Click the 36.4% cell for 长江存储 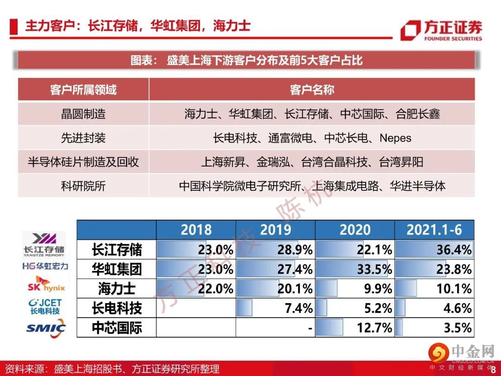pyautogui.click(x=434, y=250)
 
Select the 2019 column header pyautogui.click(x=276, y=229)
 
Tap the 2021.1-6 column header pyautogui.click(x=434, y=229)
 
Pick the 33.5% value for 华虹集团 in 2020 pyautogui.click(x=355, y=269)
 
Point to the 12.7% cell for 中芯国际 pyautogui.click(x=355, y=328)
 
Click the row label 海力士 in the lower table pyautogui.click(x=116, y=289)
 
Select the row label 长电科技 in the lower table pyautogui.click(x=116, y=308)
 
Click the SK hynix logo pyautogui.click(x=45, y=284)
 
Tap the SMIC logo pyautogui.click(x=45, y=328)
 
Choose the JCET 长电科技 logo pyautogui.click(x=45, y=306)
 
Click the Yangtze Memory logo pyautogui.click(x=45, y=244)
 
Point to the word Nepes pyautogui.click(x=395, y=138)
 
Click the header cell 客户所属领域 pyautogui.click(x=83, y=90)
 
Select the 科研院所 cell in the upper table pyautogui.click(x=83, y=186)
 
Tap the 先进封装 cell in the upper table pyautogui.click(x=83, y=138)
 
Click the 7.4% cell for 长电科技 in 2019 pyautogui.click(x=276, y=308)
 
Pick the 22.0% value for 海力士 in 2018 pyautogui.click(x=196, y=289)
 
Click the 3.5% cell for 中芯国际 pyautogui.click(x=434, y=328)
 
